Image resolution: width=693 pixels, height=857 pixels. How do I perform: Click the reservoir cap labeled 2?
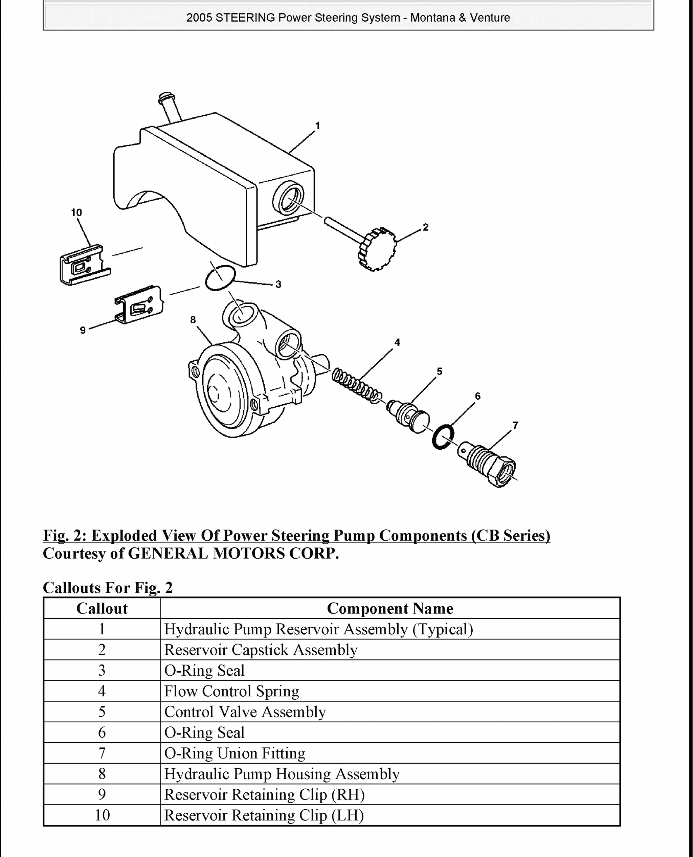click(x=377, y=249)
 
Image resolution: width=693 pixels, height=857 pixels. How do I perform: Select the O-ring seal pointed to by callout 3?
click(x=220, y=278)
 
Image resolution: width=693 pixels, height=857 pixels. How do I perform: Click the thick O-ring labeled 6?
click(x=443, y=437)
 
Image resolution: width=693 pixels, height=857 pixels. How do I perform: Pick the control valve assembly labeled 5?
click(x=408, y=416)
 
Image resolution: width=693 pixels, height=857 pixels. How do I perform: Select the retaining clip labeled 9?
click(x=139, y=305)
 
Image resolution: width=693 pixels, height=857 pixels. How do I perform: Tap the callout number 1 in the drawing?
click(x=318, y=126)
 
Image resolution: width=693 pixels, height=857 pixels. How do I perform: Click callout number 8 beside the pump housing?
click(x=193, y=320)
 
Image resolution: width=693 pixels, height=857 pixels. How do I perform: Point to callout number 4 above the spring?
click(x=397, y=342)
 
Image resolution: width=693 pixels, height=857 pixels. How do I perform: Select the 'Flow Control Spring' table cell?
click(x=231, y=691)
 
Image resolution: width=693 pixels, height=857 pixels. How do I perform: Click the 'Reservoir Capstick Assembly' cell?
click(x=261, y=650)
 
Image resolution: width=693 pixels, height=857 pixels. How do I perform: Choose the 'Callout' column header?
click(x=102, y=608)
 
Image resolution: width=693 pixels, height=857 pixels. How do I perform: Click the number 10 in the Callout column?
click(x=102, y=815)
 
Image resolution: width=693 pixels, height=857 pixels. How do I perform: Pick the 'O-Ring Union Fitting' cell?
click(x=235, y=753)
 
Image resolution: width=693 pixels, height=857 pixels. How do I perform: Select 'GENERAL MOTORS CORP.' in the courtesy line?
click(x=233, y=553)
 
